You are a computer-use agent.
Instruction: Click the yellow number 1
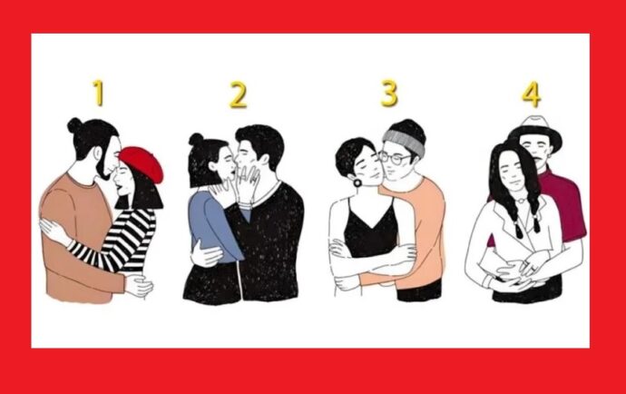98,93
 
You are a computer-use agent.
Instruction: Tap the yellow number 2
238,94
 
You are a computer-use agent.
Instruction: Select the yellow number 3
389,94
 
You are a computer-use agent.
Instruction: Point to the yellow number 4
532,94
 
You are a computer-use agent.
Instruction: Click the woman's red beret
142,163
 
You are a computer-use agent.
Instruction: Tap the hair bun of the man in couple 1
74,125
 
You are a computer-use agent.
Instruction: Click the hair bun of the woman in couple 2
196,139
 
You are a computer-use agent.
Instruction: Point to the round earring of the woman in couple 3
357,183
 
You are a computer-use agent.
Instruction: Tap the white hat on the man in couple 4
535,132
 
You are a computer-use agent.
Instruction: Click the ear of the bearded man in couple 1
98,153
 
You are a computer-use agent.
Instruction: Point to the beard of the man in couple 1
102,168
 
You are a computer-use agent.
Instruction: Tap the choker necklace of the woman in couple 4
520,201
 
